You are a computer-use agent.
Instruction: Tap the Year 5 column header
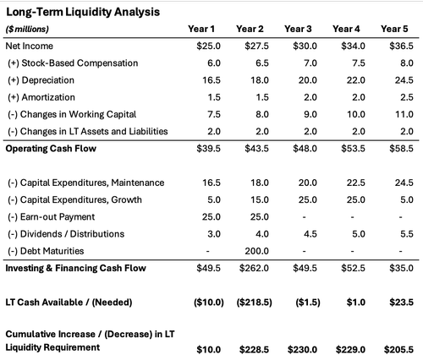point(394,29)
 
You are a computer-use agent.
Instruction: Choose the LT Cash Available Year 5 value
point(398,303)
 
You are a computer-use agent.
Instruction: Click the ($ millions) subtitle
point(29,29)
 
